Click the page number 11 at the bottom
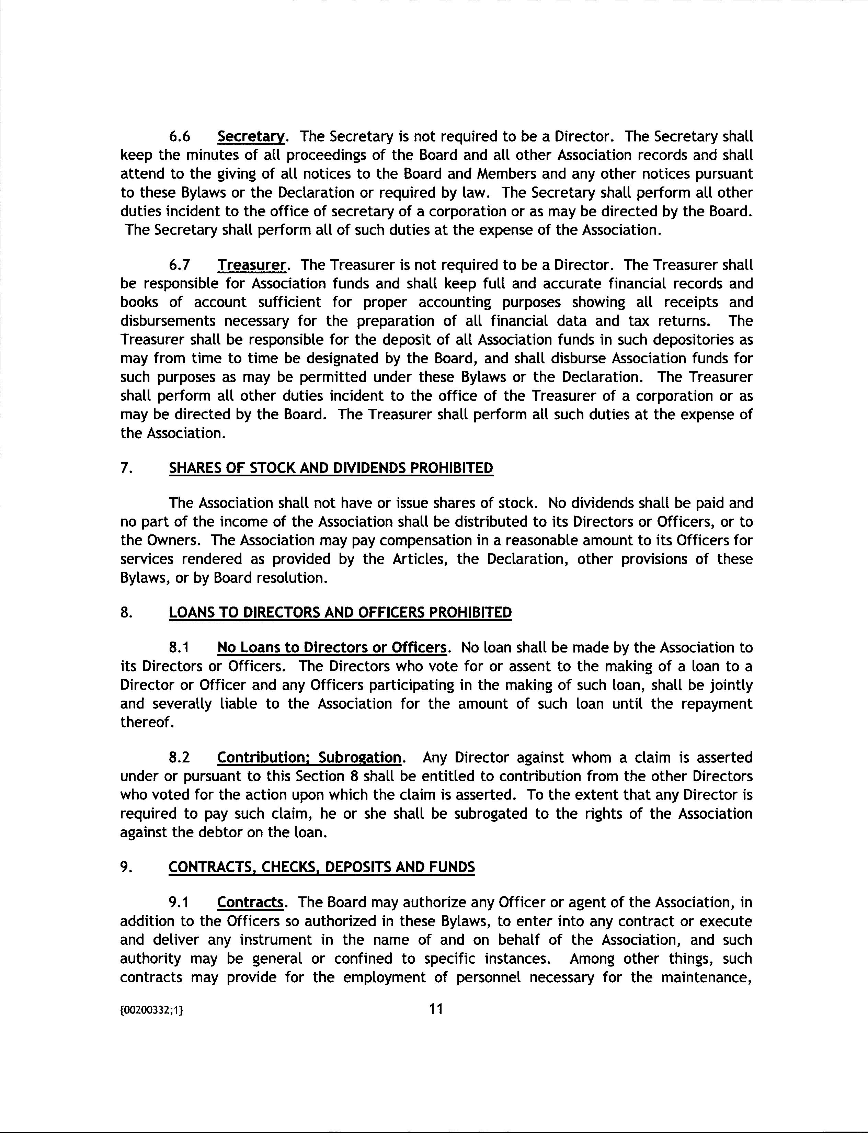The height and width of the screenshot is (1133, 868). pyautogui.click(x=436, y=1008)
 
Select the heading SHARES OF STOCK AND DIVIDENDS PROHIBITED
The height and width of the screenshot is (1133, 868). pyautogui.click(x=331, y=468)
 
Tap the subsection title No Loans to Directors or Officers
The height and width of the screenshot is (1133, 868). pyautogui.click(x=331, y=648)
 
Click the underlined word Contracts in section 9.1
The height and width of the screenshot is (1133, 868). pyautogui.click(x=250, y=902)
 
